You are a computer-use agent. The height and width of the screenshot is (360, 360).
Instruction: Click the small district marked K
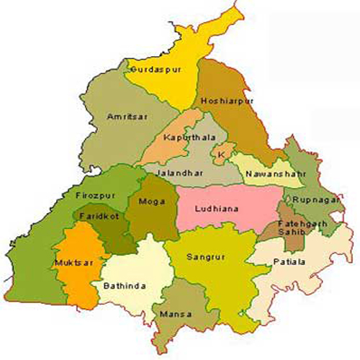pos(221,155)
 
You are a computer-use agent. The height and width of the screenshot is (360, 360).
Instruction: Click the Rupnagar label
pos(310,201)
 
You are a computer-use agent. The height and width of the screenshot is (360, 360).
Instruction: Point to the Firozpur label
pos(91,195)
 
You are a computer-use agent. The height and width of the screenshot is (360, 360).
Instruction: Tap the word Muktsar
pos(72,264)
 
